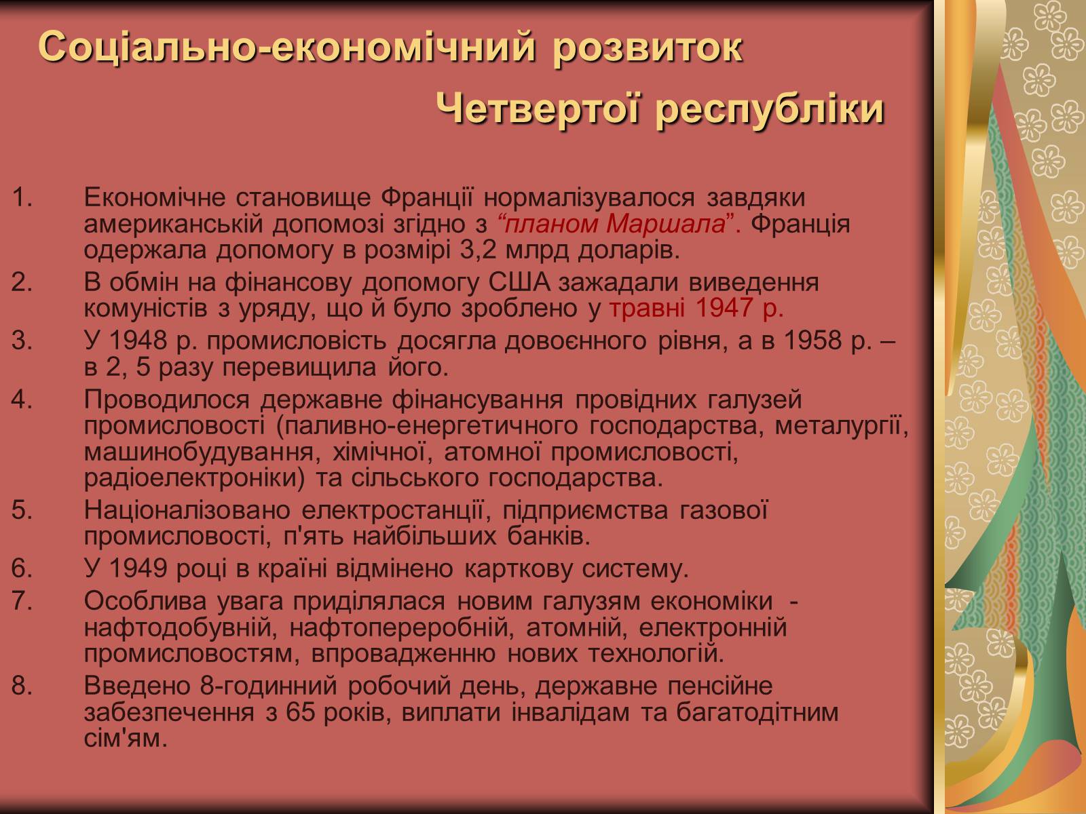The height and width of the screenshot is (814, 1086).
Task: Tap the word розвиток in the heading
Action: click(647, 48)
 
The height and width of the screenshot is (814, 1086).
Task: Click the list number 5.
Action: click(22, 510)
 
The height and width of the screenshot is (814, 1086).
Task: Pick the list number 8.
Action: click(22, 686)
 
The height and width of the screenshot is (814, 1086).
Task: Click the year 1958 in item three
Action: click(813, 341)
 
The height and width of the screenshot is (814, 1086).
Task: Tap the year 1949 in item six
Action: click(138, 568)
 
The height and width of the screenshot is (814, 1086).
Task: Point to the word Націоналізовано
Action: click(187, 510)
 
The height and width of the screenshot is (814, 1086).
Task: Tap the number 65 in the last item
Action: click(300, 712)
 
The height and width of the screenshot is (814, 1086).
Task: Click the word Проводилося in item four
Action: click(167, 400)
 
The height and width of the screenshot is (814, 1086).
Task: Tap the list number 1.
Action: click(22, 197)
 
